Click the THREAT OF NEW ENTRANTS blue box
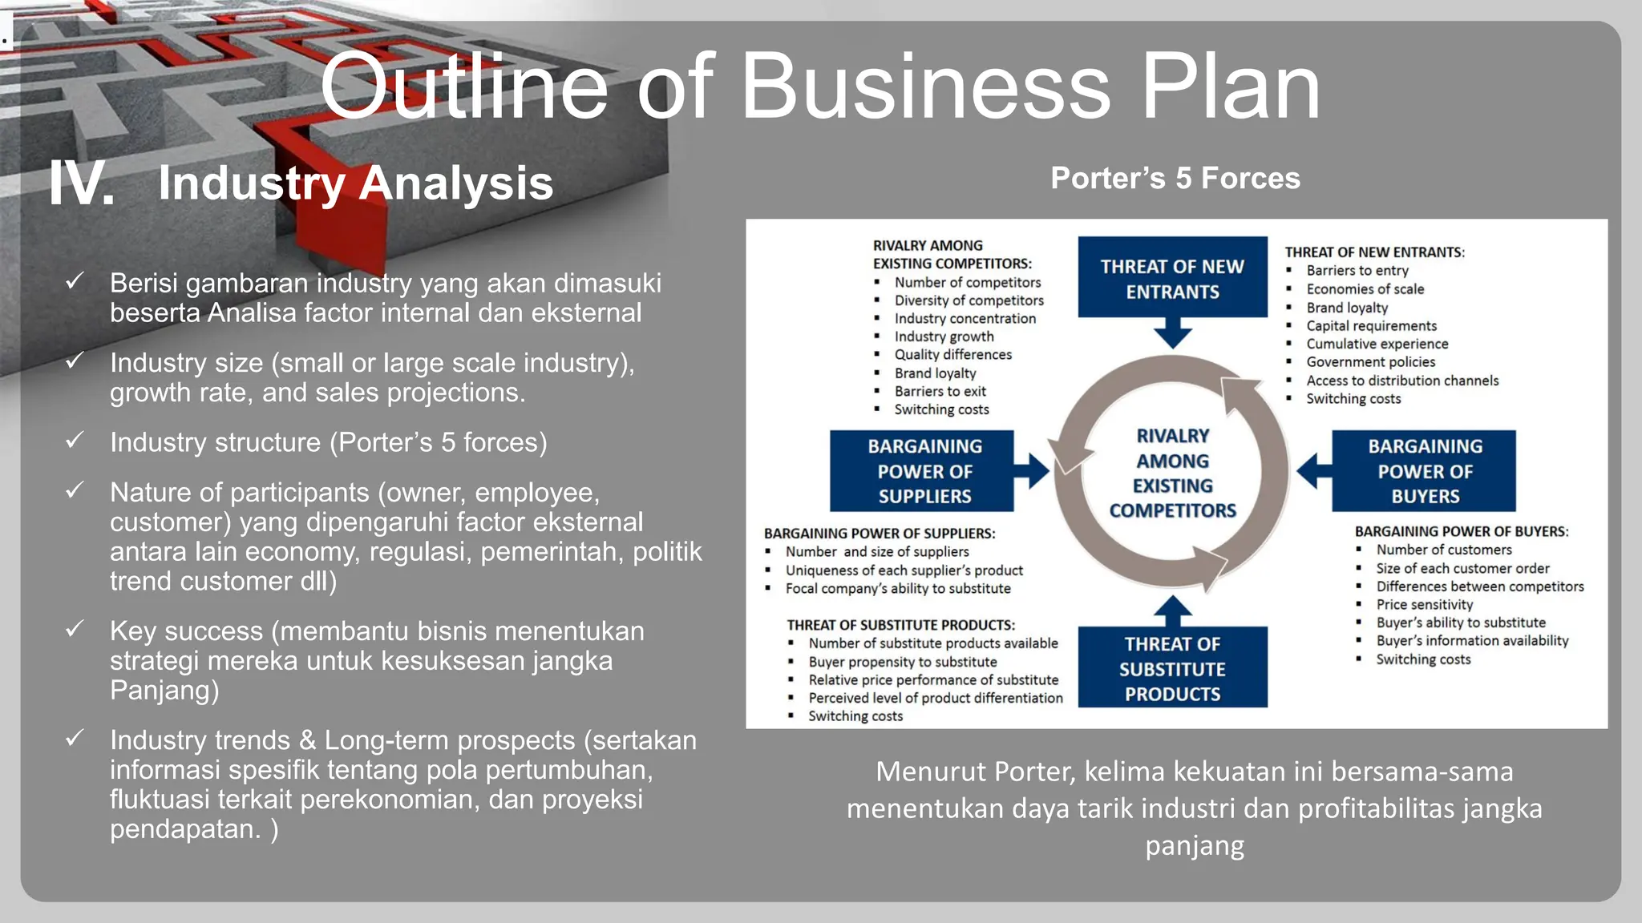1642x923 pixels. (1172, 276)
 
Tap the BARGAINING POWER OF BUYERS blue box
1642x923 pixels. (1424, 471)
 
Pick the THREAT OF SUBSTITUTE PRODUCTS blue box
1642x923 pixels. (1172, 668)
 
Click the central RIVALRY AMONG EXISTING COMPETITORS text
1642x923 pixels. (1172, 473)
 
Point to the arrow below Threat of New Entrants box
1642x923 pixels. (1172, 333)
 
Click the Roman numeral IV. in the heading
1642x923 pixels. (82, 184)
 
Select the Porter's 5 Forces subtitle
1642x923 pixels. (1175, 179)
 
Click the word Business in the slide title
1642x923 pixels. (926, 87)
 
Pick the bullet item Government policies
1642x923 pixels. (1370, 362)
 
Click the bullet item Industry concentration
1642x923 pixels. (965, 319)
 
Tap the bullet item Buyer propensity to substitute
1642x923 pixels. (902, 662)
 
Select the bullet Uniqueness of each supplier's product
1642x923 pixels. (904, 570)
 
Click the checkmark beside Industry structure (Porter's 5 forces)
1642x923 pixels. (75, 440)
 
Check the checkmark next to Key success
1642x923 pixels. (75, 629)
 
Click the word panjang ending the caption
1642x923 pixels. (1195, 846)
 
